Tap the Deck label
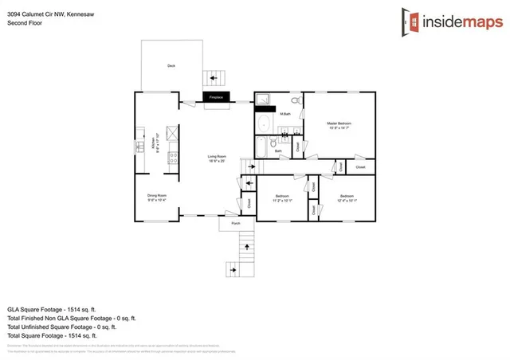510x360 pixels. [x=171, y=66]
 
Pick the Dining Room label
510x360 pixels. [x=156, y=197]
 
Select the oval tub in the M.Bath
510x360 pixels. [x=264, y=124]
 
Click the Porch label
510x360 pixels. [x=236, y=224]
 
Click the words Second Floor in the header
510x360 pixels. [x=25, y=23]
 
